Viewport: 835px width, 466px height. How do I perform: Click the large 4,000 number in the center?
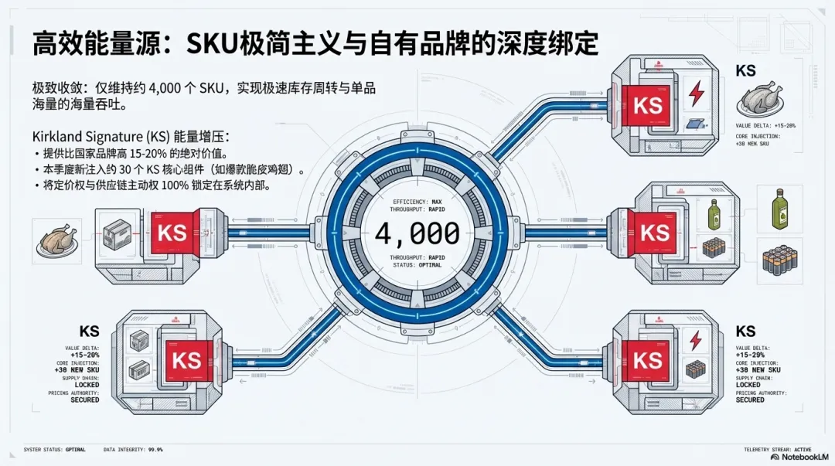click(x=417, y=232)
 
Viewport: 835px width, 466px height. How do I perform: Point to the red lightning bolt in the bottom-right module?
click(x=695, y=339)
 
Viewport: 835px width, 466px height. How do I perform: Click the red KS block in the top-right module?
click(x=647, y=104)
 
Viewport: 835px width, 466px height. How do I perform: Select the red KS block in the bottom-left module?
click(x=186, y=360)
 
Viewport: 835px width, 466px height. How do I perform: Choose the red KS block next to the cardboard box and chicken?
click(x=171, y=233)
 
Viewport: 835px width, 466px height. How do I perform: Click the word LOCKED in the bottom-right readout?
click(x=748, y=384)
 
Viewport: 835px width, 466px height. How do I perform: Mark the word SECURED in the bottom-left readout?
click(x=84, y=400)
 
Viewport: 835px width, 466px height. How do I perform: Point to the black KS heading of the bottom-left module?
click(x=89, y=332)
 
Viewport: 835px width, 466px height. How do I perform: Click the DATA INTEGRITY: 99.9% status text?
click(x=133, y=449)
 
